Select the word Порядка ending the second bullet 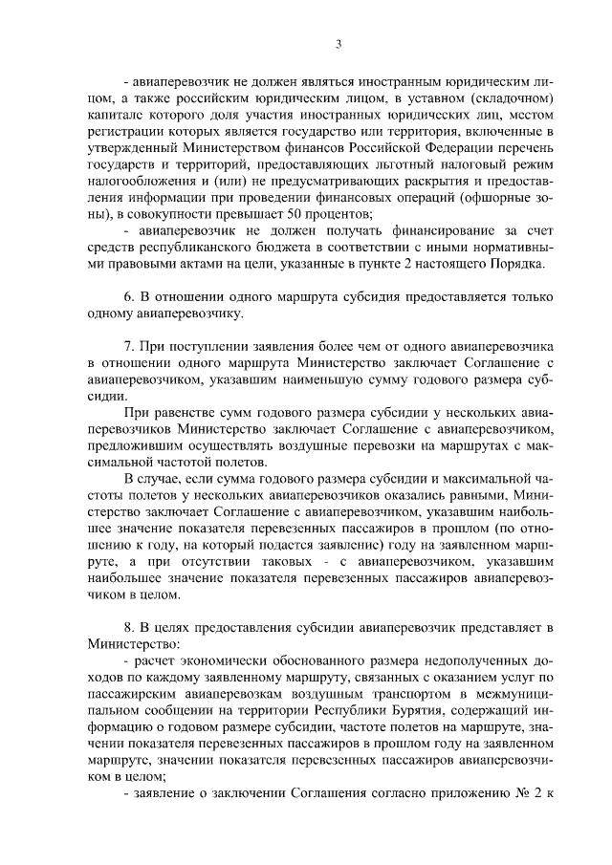[x=519, y=262]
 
